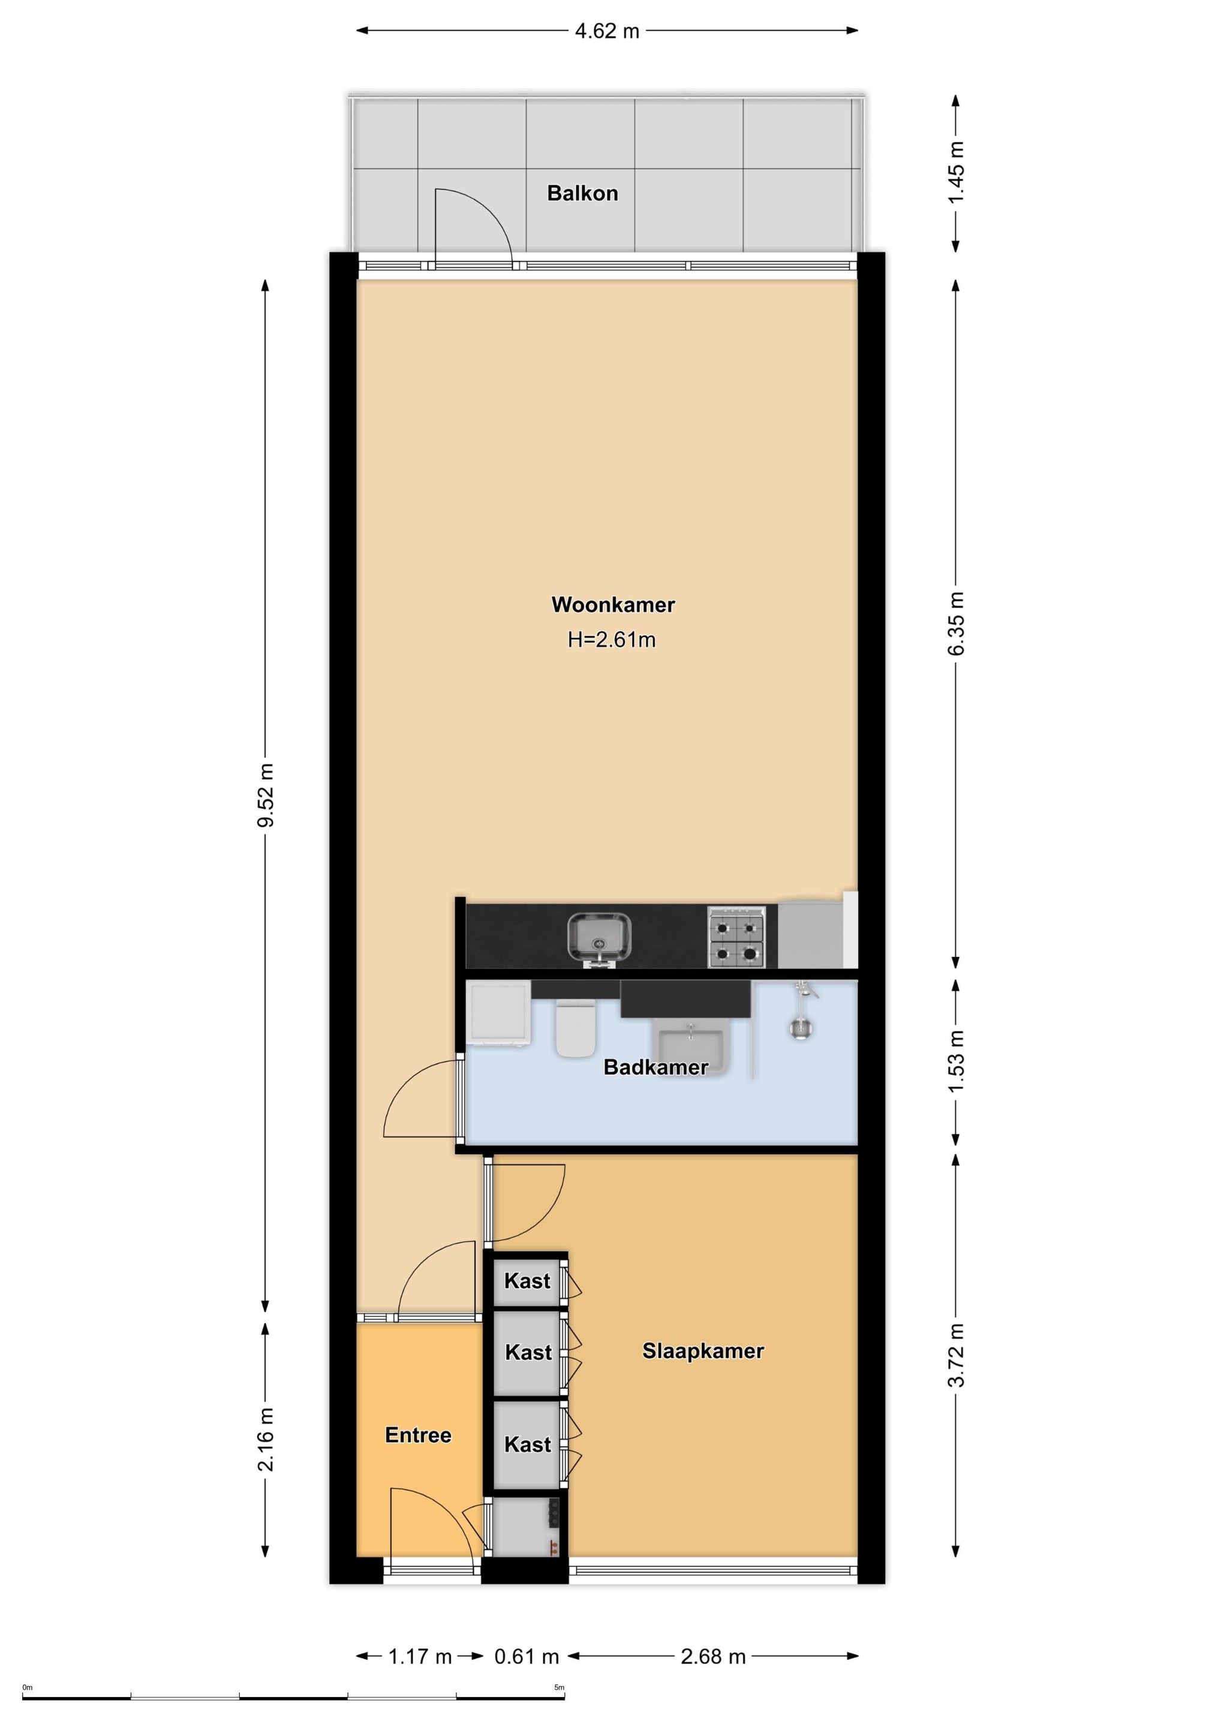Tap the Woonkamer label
pos(613,605)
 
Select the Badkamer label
pos(656,1067)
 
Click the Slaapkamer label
pos(703,1351)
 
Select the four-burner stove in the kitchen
pos(736,937)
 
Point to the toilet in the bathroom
pos(576,1027)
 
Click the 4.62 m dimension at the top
pos(607,31)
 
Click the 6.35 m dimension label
pos(956,624)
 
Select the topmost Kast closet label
pos(527,1281)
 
